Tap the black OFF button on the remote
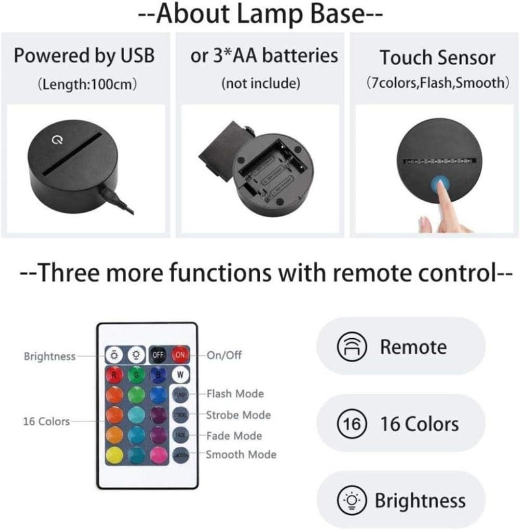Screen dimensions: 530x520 157,355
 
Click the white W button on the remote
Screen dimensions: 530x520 179,375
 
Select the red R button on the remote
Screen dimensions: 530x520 114,375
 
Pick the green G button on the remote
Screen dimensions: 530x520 136,375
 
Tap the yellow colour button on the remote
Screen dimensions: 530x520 114,455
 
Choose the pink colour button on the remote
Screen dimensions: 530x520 158,455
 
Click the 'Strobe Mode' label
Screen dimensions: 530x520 238,415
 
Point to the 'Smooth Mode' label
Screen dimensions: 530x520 240,455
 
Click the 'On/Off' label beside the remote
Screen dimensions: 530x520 224,356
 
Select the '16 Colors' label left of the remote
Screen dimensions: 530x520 45,421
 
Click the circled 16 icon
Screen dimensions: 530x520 348,425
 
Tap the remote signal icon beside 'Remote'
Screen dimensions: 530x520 348,347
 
